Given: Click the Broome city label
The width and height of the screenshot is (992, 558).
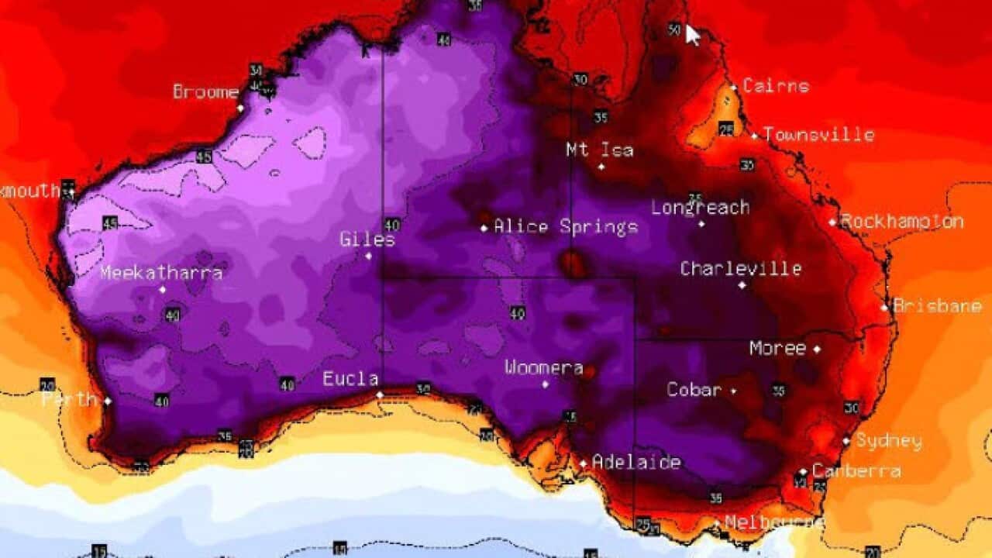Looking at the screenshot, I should coord(205,92).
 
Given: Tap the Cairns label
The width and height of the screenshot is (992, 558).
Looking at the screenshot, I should coord(775,86).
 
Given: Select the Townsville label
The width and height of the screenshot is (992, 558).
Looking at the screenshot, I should coord(818,135).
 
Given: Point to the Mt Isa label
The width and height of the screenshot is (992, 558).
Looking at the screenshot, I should coord(599,150).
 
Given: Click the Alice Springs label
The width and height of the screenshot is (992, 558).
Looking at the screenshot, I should coord(565,227).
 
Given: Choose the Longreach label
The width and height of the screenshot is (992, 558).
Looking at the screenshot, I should coord(700,208).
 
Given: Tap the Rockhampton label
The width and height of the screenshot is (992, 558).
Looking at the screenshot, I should coord(902,222).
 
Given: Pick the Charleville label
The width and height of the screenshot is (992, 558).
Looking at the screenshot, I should coord(740,269).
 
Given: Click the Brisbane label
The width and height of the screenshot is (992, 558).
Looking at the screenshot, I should coord(937,306).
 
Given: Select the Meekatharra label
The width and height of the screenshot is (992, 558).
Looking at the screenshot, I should coord(161,273).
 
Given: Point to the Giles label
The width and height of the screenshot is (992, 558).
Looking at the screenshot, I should coord(367,240).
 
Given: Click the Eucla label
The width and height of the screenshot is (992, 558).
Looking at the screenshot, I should coord(350,379).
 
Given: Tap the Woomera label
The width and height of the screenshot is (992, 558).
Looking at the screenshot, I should coord(543,367).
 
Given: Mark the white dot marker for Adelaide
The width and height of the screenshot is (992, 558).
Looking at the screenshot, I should coord(584,463).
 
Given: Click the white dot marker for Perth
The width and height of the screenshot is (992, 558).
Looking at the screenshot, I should coord(108,401).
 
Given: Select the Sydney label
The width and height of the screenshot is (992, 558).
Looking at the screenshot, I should coord(888,441).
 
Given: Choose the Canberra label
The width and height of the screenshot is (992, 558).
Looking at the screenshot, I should coord(856,470).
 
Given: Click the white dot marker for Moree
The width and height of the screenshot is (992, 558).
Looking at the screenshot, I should coord(817,350).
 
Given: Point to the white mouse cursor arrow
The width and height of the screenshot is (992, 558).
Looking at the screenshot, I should coord(692,35).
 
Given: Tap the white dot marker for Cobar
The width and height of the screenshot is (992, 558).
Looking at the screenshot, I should coord(733,391).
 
